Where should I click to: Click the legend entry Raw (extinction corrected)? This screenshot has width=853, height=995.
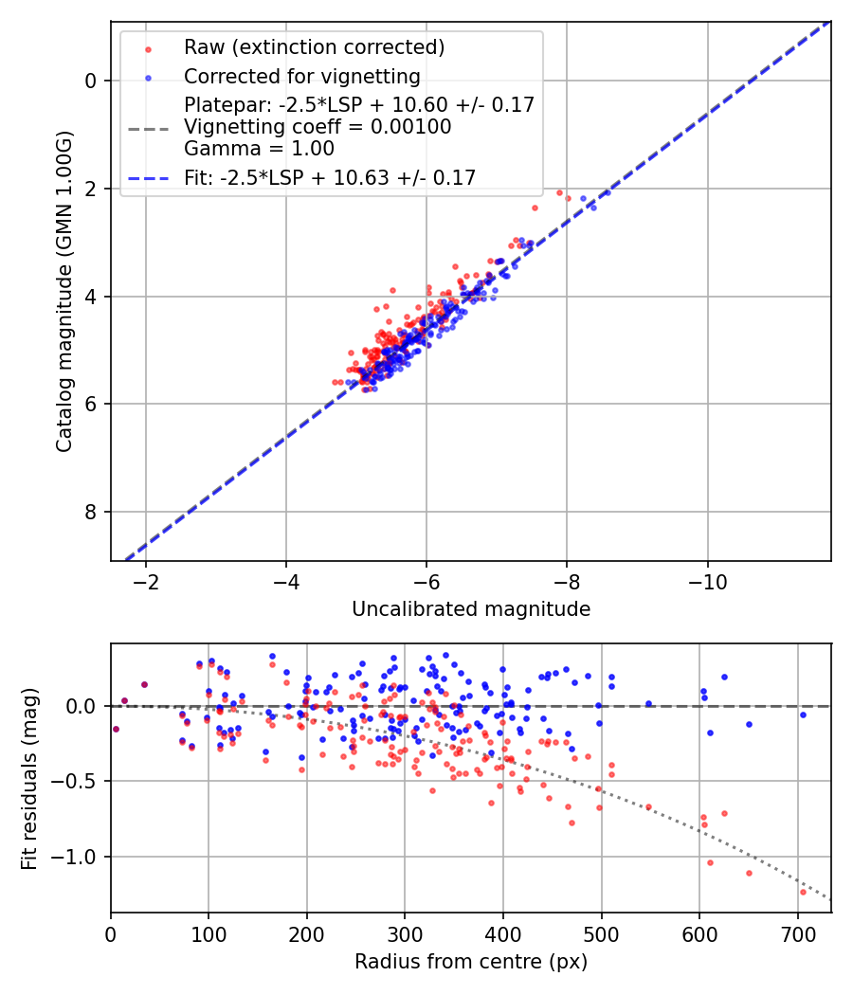point(314,47)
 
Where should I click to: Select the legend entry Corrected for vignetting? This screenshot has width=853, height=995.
point(302,76)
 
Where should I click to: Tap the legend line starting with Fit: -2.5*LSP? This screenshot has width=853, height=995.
point(330,178)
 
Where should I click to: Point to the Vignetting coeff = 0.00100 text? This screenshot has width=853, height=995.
point(318,127)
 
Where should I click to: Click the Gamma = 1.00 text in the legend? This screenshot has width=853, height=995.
point(259,149)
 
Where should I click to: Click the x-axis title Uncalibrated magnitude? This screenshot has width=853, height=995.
point(471,609)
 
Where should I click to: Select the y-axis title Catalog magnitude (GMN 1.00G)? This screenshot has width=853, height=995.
point(64,292)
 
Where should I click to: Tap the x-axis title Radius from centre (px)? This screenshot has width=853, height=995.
point(471,962)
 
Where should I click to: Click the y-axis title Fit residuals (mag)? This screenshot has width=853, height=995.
point(29,779)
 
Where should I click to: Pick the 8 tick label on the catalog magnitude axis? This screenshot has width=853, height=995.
point(90,512)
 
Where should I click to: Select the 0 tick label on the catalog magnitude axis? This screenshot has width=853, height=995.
point(90,81)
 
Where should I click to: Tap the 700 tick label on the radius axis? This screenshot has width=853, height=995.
point(797,934)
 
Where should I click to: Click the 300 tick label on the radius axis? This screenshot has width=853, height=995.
point(405,934)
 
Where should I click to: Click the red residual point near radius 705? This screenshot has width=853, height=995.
point(803,893)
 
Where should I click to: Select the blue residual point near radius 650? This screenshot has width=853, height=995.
point(749,725)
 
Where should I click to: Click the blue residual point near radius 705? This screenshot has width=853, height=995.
point(803,715)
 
